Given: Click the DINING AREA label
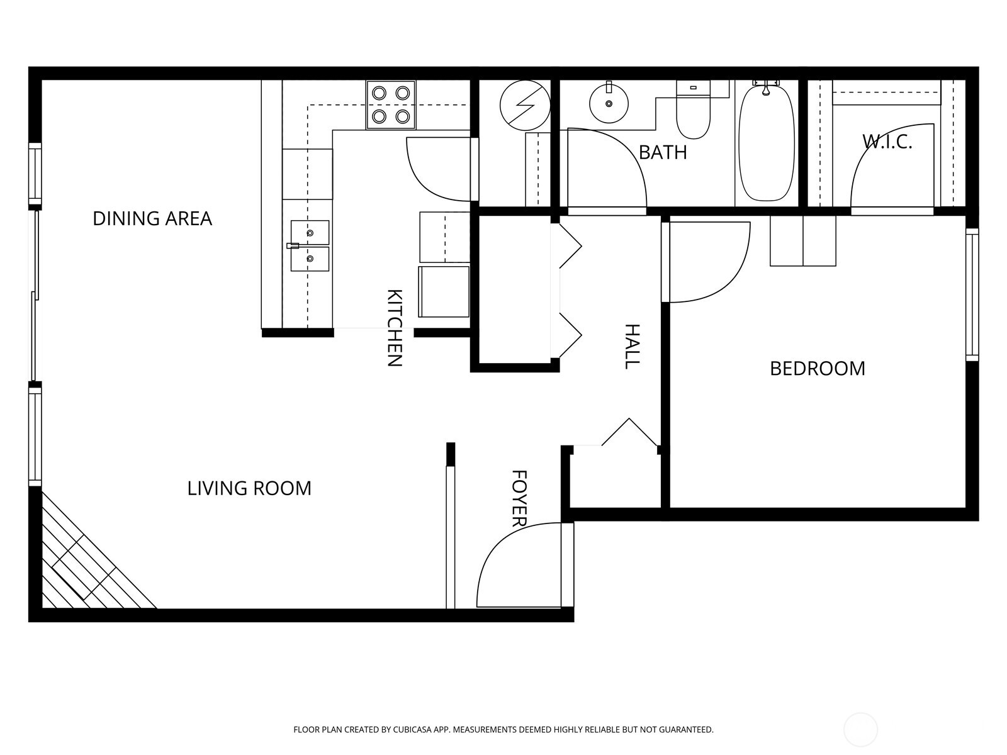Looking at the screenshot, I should coord(152,218).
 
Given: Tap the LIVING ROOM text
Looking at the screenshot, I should coord(249,488).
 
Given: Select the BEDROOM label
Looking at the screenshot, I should coord(818,368).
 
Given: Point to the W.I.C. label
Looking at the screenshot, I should coord(887,142).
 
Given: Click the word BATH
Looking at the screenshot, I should coord(663,152).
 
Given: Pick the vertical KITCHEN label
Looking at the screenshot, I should coord(394,327).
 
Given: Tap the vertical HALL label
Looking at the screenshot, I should coord(632,346).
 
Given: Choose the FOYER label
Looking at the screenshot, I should coord(519,498).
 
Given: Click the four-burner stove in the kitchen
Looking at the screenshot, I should coord(391,104).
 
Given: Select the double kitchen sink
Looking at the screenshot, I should coord(310,246).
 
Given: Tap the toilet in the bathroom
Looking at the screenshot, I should coord(693,112).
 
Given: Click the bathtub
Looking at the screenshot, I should coord(765,143).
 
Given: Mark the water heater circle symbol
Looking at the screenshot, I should coord(525,105).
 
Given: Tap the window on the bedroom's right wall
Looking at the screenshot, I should coord(972,294).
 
